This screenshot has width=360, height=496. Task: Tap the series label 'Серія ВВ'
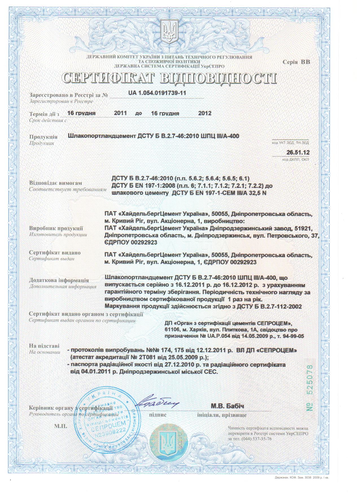pyautogui.click(x=296, y=62)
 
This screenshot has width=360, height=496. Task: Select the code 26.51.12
pyautogui.click(x=298, y=153)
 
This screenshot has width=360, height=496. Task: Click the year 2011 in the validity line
pyautogui.click(x=120, y=113)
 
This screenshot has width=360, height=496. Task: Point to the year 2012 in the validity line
pyautogui.click(x=205, y=113)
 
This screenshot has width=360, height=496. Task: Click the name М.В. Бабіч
pyautogui.click(x=227, y=406)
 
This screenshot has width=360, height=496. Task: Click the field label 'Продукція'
pyautogui.click(x=43, y=137)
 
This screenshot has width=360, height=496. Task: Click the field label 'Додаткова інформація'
pyautogui.click(x=59, y=280)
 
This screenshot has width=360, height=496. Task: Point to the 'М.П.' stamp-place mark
pyautogui.click(x=60, y=426)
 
